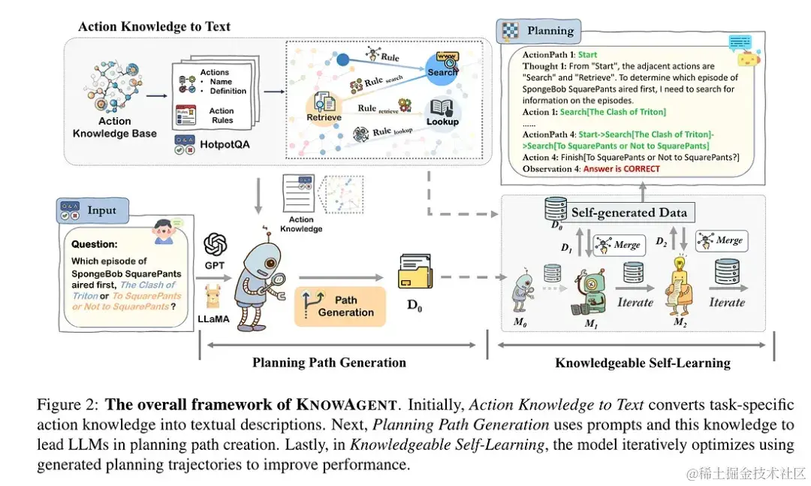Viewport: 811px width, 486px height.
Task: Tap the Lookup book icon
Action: (442, 110)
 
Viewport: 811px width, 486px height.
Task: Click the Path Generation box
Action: (340, 306)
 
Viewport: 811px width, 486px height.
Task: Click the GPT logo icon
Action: (216, 244)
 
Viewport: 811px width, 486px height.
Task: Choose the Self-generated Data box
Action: (629, 213)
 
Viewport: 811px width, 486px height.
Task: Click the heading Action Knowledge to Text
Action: (154, 27)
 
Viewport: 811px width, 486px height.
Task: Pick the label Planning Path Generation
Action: (329, 363)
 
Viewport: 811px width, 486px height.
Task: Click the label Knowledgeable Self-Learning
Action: (642, 363)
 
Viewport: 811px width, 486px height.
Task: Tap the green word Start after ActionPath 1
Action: (587, 54)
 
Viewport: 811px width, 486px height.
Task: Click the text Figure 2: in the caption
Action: (68, 405)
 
